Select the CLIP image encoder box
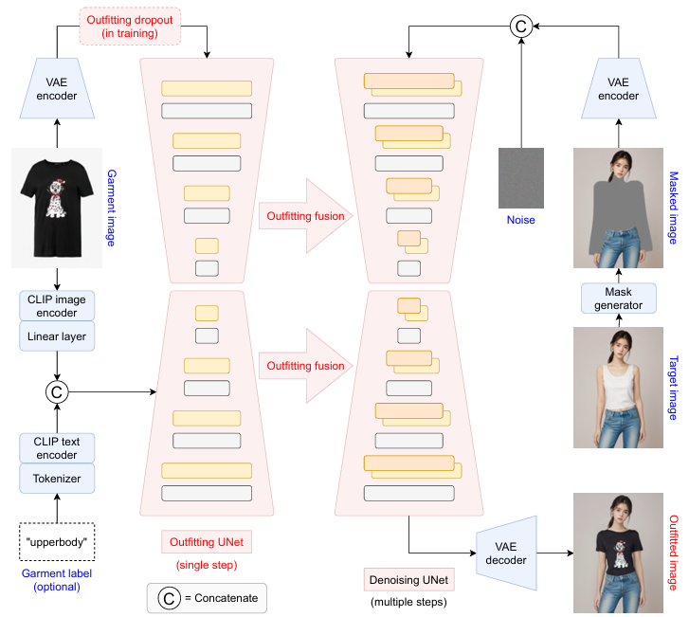(x=57, y=306)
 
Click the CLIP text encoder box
(x=57, y=447)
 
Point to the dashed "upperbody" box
(x=58, y=541)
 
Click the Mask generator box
(x=618, y=298)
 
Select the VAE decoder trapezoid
(x=506, y=553)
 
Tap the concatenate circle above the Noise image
(x=520, y=27)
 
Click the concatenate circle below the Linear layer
(x=57, y=390)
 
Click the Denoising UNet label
(x=406, y=578)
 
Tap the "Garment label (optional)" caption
(x=57, y=580)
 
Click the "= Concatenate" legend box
(x=207, y=598)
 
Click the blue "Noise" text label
(x=520, y=220)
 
